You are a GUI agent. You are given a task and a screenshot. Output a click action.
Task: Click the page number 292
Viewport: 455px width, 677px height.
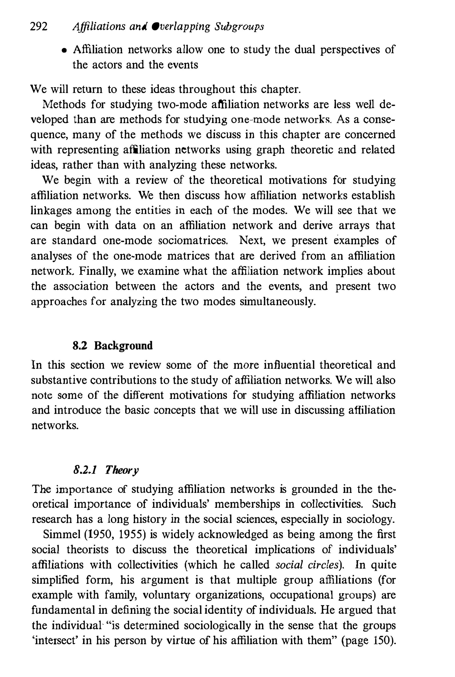pyautogui.click(x=39, y=27)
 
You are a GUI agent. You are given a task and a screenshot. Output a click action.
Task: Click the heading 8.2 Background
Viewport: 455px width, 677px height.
pyautogui.click(x=113, y=346)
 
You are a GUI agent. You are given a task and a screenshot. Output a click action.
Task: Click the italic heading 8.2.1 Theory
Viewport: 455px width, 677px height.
pyautogui.click(x=106, y=470)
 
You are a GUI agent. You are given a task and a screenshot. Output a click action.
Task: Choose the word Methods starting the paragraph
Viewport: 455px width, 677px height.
pyautogui.click(x=64, y=104)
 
